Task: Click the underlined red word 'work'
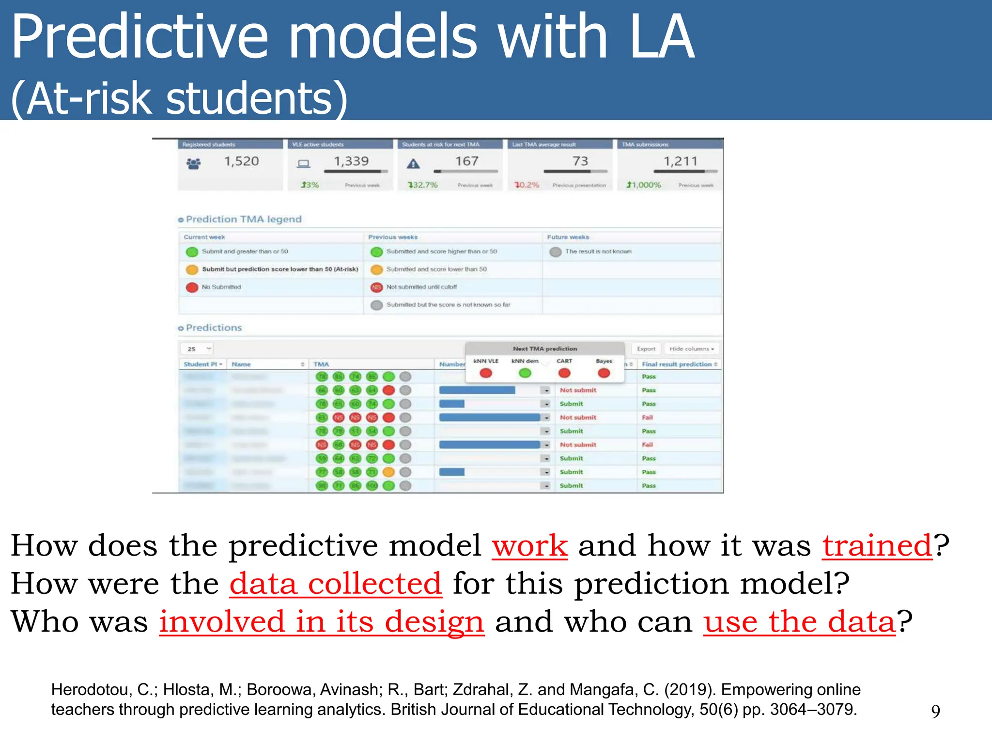(529, 546)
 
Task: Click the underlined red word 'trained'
(877, 546)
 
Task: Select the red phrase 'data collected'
(335, 584)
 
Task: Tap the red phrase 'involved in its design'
(322, 622)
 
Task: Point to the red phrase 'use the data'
(799, 622)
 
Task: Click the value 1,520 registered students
(241, 161)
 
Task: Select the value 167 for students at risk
(466, 161)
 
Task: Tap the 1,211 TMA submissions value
(680, 161)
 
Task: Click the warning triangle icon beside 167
(413, 164)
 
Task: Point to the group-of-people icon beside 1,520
(194, 164)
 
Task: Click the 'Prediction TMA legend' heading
(243, 219)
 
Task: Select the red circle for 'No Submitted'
(192, 287)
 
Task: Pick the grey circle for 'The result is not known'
(556, 252)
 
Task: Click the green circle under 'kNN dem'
(525, 373)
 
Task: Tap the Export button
(646, 349)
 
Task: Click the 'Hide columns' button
(691, 349)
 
